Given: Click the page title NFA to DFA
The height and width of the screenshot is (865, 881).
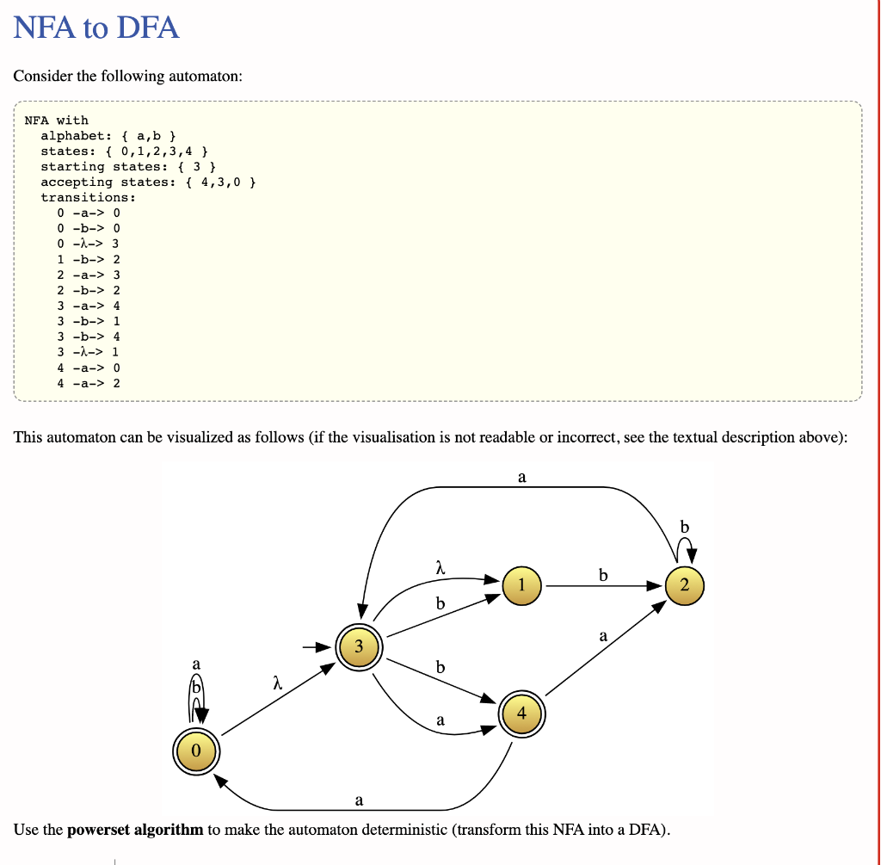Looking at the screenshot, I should [96, 28].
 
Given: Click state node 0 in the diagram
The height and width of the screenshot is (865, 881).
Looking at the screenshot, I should [196, 751].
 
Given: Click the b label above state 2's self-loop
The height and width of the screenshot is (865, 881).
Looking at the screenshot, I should [684, 526].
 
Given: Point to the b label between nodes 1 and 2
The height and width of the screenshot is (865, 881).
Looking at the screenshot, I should [603, 574].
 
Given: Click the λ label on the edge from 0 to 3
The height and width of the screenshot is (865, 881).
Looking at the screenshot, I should [275, 683].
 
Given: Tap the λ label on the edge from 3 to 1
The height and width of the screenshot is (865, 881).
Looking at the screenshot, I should [440, 567].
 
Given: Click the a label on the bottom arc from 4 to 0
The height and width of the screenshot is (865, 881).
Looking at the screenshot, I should [359, 800].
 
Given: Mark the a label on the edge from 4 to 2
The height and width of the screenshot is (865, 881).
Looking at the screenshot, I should [603, 636].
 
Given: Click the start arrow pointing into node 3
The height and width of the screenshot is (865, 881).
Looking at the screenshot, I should [317, 646].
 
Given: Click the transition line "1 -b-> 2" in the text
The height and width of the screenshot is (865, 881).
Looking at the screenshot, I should [89, 259].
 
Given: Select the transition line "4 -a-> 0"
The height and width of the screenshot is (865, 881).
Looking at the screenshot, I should [89, 368].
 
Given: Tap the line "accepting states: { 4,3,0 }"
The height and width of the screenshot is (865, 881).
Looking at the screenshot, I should [148, 182].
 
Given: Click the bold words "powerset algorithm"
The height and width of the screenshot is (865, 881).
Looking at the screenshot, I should [135, 830].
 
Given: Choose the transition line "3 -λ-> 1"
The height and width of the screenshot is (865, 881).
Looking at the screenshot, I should [89, 352].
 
